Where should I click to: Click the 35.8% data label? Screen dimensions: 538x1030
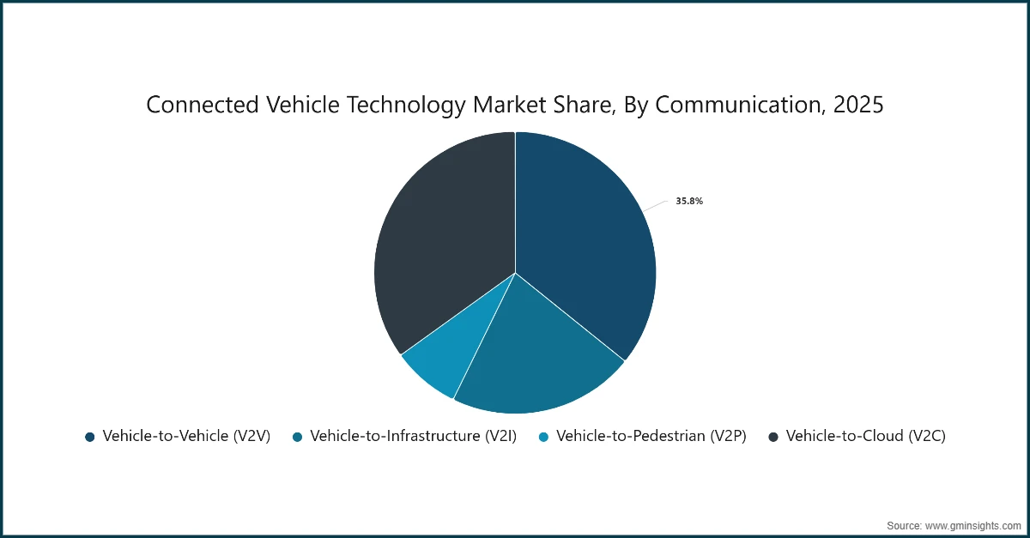689,201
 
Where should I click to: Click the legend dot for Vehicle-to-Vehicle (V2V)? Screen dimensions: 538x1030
89,437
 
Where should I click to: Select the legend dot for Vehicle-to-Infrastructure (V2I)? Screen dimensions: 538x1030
297,437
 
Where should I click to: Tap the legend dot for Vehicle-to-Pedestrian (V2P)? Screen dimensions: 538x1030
543,437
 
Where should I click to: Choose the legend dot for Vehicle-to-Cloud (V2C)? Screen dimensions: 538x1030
772,437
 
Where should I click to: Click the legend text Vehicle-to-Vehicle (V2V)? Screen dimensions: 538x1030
186,436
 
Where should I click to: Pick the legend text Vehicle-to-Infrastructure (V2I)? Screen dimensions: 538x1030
413,436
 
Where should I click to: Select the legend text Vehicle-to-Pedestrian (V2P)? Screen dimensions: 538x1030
651,436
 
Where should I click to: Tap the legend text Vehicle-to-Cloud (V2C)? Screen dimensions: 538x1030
865,436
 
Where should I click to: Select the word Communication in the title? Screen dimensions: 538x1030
742,105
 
